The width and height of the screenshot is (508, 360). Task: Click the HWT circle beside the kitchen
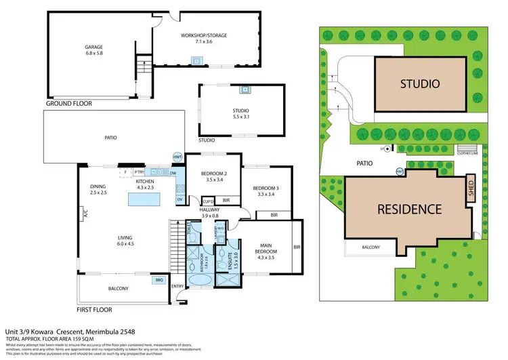[178, 157]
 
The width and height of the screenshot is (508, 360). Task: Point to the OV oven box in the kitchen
[180, 199]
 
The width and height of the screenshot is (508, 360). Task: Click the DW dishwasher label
[173, 174]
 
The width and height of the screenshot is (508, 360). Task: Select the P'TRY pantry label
[139, 172]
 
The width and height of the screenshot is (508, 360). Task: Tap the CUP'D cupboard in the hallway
[209, 201]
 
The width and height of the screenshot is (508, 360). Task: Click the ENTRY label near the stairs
[177, 287]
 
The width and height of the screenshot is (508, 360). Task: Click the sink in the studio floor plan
[245, 89]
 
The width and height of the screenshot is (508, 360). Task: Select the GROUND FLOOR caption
[69, 104]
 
